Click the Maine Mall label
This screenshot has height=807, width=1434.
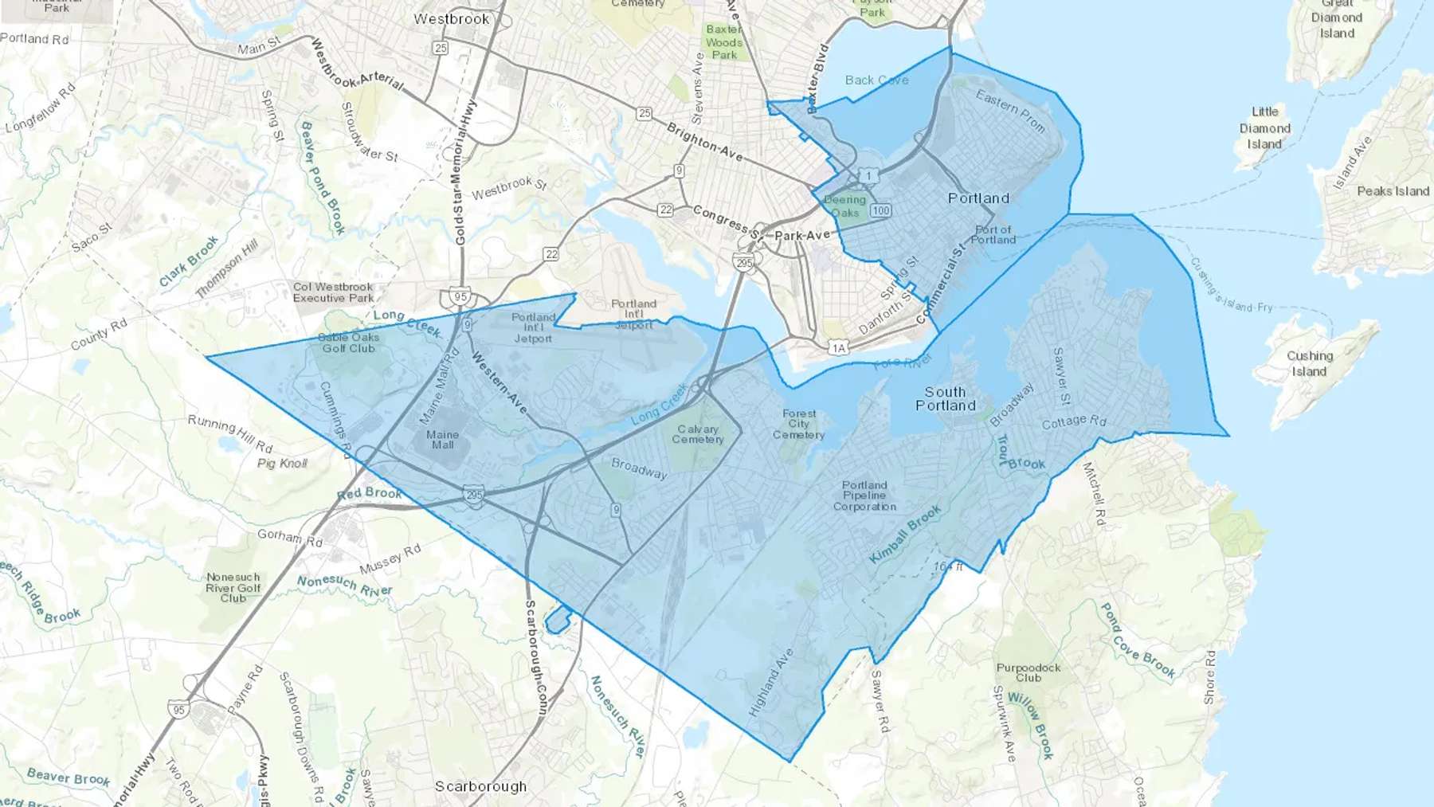(442, 440)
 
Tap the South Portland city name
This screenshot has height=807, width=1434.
(946, 398)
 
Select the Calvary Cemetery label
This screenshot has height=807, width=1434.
(698, 434)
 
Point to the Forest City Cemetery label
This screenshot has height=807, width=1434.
(799, 425)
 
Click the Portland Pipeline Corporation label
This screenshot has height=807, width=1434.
(864, 496)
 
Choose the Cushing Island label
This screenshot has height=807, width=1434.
(1309, 363)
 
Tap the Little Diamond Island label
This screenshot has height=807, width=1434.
(1264, 128)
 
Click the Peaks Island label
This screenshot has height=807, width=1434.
(1393, 191)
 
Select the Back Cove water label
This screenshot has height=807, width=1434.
(876, 80)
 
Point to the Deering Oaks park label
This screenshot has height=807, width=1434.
(844, 206)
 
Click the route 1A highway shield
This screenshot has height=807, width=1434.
(837, 347)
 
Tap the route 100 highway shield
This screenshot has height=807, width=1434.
(880, 211)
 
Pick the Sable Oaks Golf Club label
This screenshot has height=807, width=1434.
(349, 343)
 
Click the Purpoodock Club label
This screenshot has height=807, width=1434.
(1028, 672)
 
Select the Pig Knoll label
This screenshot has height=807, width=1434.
(282, 464)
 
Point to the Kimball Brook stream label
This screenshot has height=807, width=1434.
(905, 535)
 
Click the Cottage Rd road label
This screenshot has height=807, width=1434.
(1074, 421)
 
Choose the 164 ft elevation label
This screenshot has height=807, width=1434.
(948, 567)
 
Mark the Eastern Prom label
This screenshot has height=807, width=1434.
(1010, 110)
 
